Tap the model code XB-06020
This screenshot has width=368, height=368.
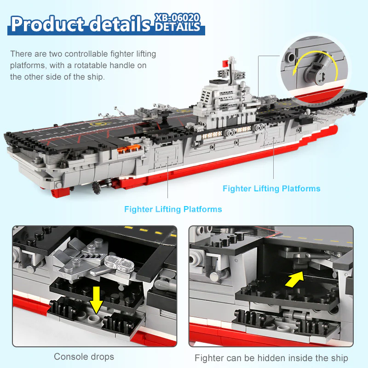pos(178,17)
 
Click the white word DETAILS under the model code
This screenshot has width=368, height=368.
pos(178,27)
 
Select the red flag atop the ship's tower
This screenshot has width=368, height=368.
pos(225,63)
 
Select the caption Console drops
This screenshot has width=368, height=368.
pos(84,356)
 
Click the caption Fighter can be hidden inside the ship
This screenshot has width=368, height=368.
pos(271,358)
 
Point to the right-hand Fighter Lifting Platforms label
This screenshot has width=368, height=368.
pos(271,189)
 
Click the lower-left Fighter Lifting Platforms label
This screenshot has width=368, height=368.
pos(173,209)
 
